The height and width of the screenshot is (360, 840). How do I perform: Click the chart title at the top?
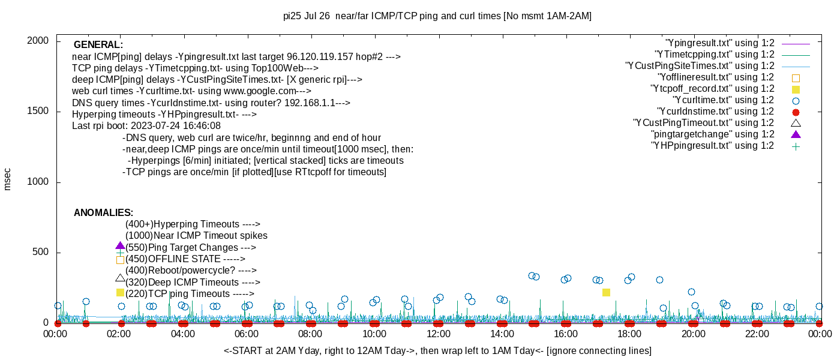[x=437, y=16]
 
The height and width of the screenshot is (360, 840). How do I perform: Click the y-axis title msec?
[x=7, y=179]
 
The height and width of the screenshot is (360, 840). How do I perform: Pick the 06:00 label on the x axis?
[x=247, y=334]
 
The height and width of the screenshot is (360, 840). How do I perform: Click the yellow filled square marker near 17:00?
[x=606, y=292]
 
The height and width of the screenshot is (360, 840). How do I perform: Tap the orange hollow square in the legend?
[x=796, y=77]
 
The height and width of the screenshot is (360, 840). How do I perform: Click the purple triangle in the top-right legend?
[x=796, y=134]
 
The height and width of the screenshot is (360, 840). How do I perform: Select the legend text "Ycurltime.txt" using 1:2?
[x=723, y=100]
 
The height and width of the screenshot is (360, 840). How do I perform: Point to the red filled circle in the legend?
[x=796, y=112]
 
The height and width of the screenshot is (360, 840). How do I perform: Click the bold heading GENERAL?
[x=98, y=45]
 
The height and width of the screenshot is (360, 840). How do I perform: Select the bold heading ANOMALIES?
[x=103, y=213]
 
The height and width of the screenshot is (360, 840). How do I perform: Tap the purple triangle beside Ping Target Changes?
[x=120, y=246]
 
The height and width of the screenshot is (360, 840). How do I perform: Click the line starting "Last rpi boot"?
[x=146, y=126]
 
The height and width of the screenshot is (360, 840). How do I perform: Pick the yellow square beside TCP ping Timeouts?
[x=120, y=292]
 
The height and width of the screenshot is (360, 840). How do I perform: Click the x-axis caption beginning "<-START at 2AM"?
[x=437, y=350]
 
